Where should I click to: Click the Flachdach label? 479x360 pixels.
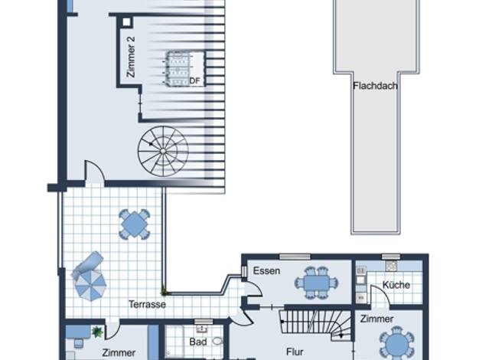click(x=375, y=86)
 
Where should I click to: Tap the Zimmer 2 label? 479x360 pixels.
click(x=130, y=57)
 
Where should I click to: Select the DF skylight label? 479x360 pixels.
click(x=194, y=80)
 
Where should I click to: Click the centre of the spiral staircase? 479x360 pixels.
click(x=163, y=151)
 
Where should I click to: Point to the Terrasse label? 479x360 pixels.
click(x=147, y=304)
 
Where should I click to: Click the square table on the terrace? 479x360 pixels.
click(x=135, y=224)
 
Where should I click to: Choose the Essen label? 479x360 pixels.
click(x=266, y=270)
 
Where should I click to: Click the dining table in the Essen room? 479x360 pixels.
click(x=316, y=283)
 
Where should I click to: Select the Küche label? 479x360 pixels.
click(x=396, y=285)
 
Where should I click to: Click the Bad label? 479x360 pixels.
click(x=198, y=342)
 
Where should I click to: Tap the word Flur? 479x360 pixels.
click(x=295, y=352)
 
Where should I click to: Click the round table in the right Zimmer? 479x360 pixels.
click(x=396, y=344)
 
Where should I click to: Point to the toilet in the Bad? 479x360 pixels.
click(x=217, y=341)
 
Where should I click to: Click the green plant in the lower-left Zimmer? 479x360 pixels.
click(x=97, y=332)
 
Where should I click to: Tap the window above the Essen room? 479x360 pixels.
click(x=295, y=257)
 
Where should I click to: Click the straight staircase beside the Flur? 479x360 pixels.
click(x=315, y=325)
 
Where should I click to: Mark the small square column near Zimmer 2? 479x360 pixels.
click(x=126, y=22)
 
